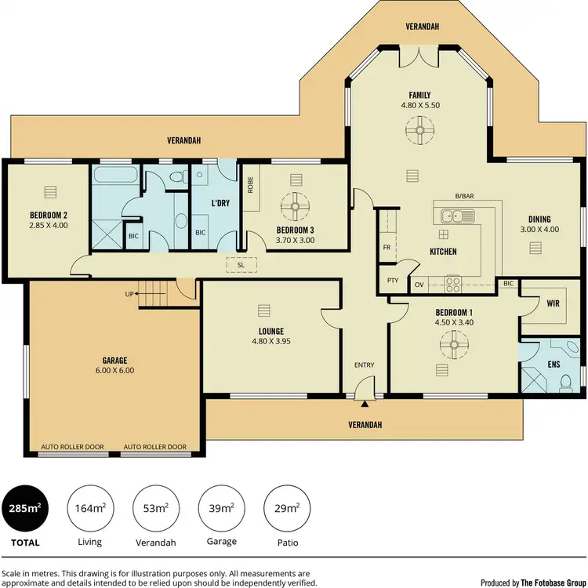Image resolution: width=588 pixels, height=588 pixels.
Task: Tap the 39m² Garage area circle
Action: (222, 508)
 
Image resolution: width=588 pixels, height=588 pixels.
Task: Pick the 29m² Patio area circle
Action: (287, 508)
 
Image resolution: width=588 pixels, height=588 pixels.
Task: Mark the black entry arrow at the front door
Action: (365, 405)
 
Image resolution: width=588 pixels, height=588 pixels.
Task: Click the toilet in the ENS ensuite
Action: (566, 382)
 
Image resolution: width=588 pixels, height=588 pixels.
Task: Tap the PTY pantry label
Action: (393, 280)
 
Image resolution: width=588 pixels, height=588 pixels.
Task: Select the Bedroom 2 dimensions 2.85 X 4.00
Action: (48, 226)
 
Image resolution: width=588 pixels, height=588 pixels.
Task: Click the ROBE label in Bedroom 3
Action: (250, 185)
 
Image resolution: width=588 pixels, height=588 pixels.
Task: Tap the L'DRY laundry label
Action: (220, 203)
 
